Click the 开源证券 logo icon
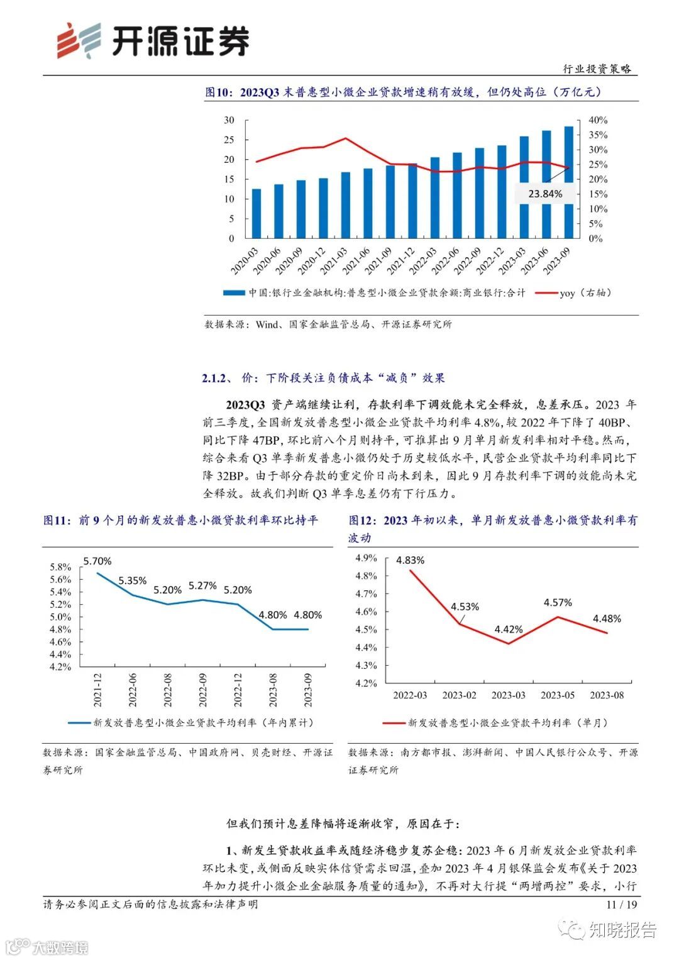click(79, 41)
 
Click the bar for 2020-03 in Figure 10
click(256, 213)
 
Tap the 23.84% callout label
click(545, 194)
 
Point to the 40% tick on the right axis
click(598, 120)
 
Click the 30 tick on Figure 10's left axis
click(229, 120)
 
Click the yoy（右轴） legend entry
click(585, 293)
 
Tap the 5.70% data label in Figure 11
click(97, 561)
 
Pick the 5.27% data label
click(202, 585)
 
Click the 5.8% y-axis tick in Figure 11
click(60, 567)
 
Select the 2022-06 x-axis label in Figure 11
click(133, 690)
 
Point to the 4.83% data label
click(410, 560)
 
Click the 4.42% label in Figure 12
click(508, 629)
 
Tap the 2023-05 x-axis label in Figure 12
click(558, 695)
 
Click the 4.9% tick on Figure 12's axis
click(366, 558)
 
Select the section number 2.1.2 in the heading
click(213, 378)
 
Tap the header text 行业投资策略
click(597, 69)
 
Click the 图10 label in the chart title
click(219, 92)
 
